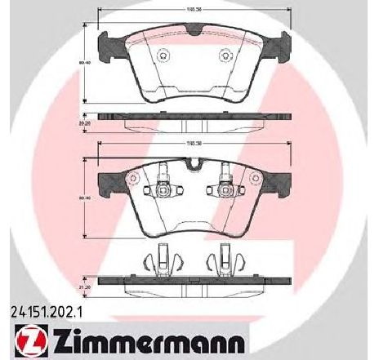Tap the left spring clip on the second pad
click(161, 193)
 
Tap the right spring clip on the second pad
click(226, 193)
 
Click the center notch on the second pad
click(194, 167)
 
